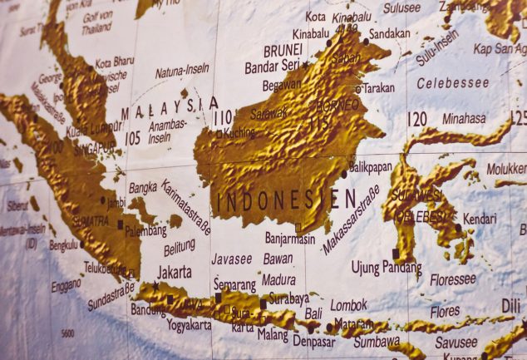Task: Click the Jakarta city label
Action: [174, 271]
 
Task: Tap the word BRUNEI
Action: [283, 50]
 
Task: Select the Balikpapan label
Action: [370, 167]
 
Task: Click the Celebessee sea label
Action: [452, 83]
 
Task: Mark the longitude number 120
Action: [417, 119]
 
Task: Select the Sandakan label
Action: [389, 34]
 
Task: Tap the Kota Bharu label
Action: [115, 62]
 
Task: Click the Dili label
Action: [510, 306]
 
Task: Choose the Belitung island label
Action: [180, 247]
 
